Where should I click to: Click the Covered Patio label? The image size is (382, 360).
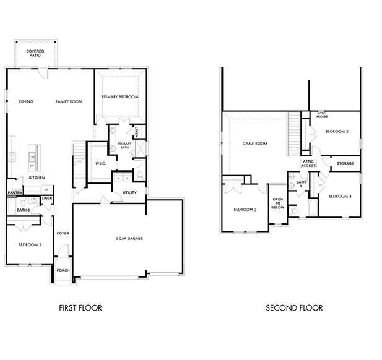pyautogui.click(x=35, y=53)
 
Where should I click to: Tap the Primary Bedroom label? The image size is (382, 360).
pyautogui.click(x=120, y=97)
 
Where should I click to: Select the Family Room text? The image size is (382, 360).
pyautogui.click(x=69, y=101)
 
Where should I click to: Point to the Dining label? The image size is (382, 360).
pyautogui.click(x=26, y=101)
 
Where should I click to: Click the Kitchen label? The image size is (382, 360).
pyautogui.click(x=37, y=178)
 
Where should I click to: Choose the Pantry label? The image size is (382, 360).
pyautogui.click(x=15, y=192)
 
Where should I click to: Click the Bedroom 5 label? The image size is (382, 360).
pyautogui.click(x=29, y=245)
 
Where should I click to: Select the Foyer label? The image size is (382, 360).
pyautogui.click(x=63, y=233)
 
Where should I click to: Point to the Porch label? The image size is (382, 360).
pyautogui.click(x=63, y=270)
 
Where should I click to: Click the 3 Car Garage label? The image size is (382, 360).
pyautogui.click(x=128, y=238)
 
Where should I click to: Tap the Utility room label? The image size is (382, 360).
pyautogui.click(x=129, y=193)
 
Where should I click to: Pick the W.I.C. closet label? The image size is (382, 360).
pyautogui.click(x=101, y=163)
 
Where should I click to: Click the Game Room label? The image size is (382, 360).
pyautogui.click(x=254, y=144)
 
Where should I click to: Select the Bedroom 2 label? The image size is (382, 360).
pyautogui.click(x=337, y=132)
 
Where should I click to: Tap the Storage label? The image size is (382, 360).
pyautogui.click(x=345, y=163)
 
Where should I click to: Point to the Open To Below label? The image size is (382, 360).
pyautogui.click(x=278, y=204)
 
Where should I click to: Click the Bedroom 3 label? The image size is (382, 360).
pyautogui.click(x=245, y=210)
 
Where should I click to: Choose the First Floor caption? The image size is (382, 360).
pyautogui.click(x=80, y=307)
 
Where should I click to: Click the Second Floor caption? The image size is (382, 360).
pyautogui.click(x=294, y=307)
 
